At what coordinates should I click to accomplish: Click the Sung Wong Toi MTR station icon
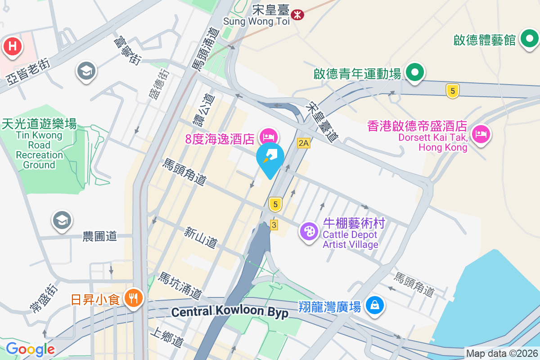[x=297, y=14]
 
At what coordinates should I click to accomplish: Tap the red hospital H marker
[x=13, y=46]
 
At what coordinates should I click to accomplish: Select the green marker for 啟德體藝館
[x=529, y=40]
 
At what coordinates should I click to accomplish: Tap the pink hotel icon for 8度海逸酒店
[x=269, y=136]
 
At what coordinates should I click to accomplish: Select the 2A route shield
[x=304, y=143]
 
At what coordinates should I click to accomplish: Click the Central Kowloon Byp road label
[x=230, y=312]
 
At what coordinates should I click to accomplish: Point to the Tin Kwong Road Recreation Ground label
[x=39, y=145]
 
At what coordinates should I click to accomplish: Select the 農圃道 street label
[x=100, y=236]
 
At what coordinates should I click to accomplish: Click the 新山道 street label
[x=201, y=237]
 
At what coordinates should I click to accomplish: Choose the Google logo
[x=30, y=349]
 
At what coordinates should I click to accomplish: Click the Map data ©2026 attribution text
[x=501, y=354]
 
